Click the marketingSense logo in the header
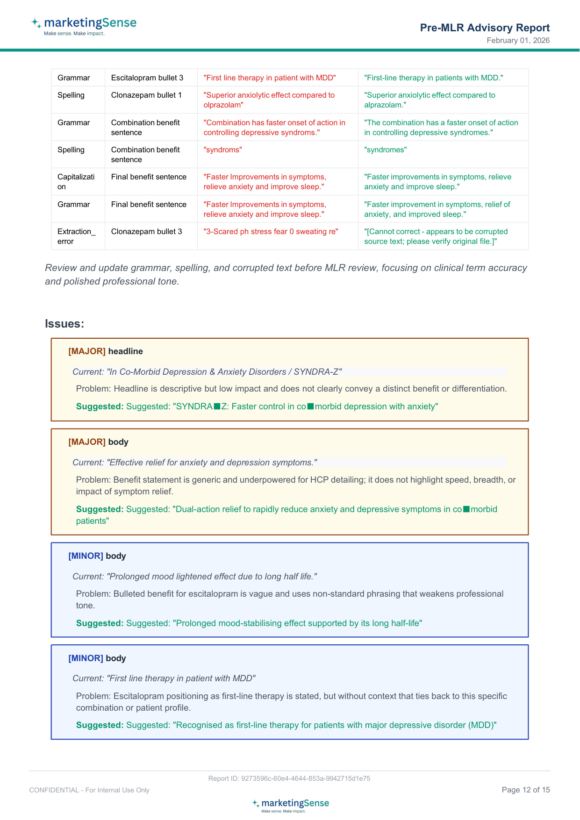84,26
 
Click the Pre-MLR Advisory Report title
485,28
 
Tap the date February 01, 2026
518,41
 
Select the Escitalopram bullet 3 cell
147,78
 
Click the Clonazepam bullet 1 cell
146,95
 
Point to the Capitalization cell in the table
76,182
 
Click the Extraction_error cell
76,236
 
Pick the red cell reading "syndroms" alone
223,150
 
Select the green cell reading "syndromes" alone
386,150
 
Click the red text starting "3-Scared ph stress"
271,232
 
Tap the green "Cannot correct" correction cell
436,236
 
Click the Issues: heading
64,324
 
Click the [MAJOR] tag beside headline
87,351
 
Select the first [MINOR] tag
86,556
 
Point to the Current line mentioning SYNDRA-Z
207,372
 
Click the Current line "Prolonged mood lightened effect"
194,577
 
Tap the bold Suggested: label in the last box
100,725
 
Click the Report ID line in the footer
289,778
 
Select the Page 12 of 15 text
525,790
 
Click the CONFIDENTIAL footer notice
89,790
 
